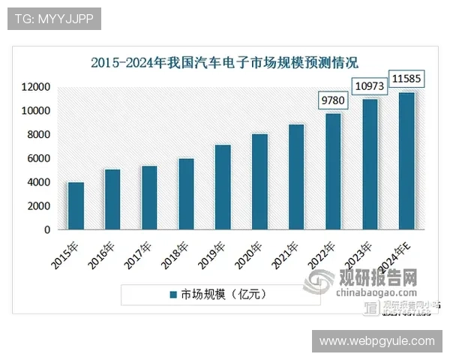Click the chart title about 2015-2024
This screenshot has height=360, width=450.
(224, 63)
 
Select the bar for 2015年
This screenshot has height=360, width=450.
(76, 205)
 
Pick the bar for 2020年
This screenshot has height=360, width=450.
(259, 181)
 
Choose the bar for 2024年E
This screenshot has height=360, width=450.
(406, 160)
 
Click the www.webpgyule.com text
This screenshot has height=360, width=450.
(376, 340)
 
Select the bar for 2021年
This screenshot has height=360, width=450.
(296, 177)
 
